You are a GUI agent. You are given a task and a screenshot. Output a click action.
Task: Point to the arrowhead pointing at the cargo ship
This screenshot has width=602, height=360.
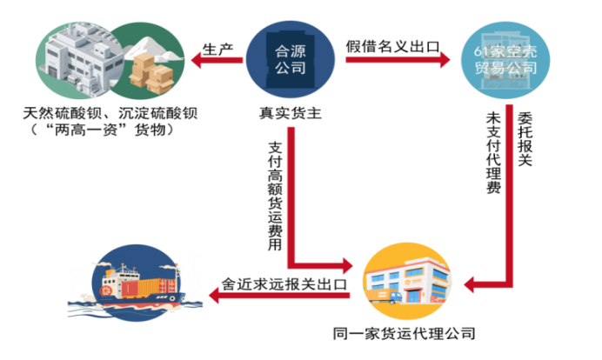click(x=218, y=297)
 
